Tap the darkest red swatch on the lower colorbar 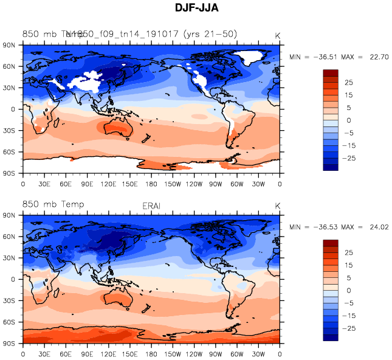(x=331, y=243)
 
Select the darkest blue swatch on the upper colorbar (x=331, y=167)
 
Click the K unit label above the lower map (x=277, y=207)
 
